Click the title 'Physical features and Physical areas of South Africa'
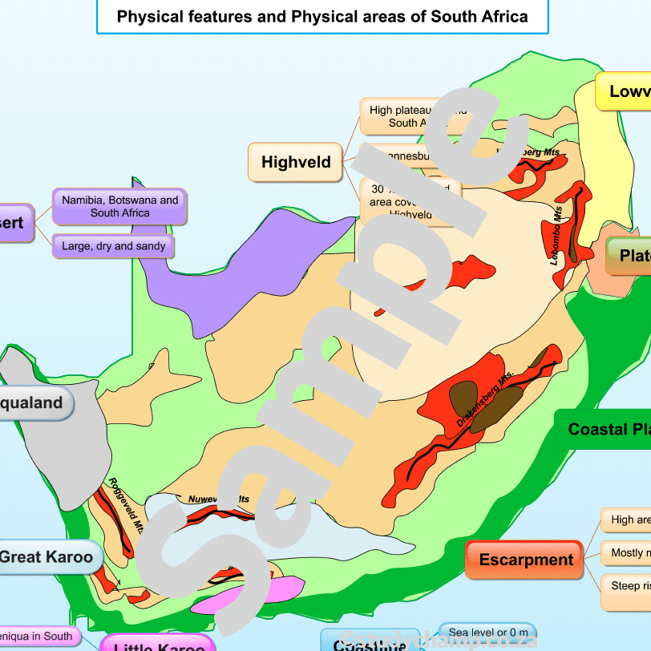pos(322,17)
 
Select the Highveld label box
pos(296,163)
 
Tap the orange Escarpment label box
pos(526,560)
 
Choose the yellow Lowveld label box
pos(625,91)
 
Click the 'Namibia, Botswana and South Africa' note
pos(119,207)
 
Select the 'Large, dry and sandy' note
pos(113,246)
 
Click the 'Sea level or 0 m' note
pos(488,633)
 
